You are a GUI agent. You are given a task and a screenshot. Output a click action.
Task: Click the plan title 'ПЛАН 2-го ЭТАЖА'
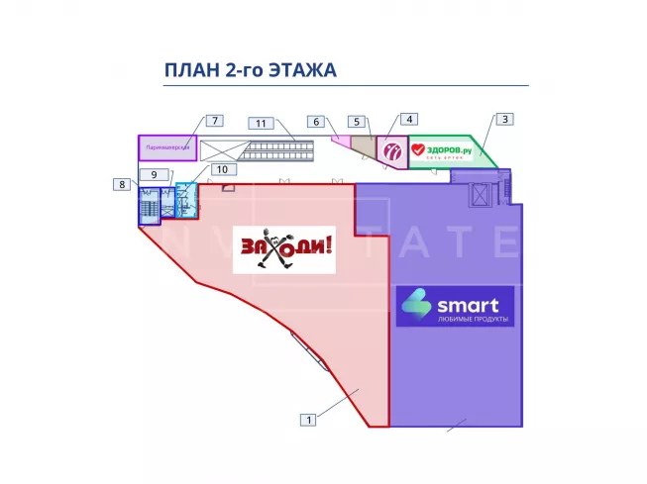pyautogui.click(x=250, y=70)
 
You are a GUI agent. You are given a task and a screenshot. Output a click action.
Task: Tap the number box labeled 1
pyautogui.click(x=309, y=420)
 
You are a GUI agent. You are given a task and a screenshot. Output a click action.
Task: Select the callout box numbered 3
pyautogui.click(x=503, y=120)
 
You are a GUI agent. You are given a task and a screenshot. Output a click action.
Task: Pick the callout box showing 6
pyautogui.click(x=315, y=122)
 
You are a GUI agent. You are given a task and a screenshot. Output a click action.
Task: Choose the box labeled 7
pyautogui.click(x=214, y=120)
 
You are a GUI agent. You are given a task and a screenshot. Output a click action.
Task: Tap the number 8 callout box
pyautogui.click(x=122, y=184)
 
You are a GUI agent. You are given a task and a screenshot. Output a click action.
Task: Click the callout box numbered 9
pyautogui.click(x=149, y=174)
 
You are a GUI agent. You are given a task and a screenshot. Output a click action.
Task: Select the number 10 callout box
pyautogui.click(x=223, y=169)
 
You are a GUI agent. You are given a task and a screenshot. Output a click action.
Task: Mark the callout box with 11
pyautogui.click(x=261, y=124)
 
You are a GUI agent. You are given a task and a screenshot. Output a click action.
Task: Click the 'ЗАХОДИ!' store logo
pyautogui.click(x=284, y=249)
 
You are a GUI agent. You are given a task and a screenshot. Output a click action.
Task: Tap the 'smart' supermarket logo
pyautogui.click(x=456, y=306)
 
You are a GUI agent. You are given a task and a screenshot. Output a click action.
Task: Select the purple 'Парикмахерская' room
pyautogui.click(x=166, y=147)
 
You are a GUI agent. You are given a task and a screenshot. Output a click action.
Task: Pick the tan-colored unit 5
pyautogui.click(x=364, y=148)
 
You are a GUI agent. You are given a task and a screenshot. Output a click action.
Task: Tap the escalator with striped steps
pyautogui.click(x=279, y=149)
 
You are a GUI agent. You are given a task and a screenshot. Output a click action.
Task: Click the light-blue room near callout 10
pyautogui.click(x=186, y=198)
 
